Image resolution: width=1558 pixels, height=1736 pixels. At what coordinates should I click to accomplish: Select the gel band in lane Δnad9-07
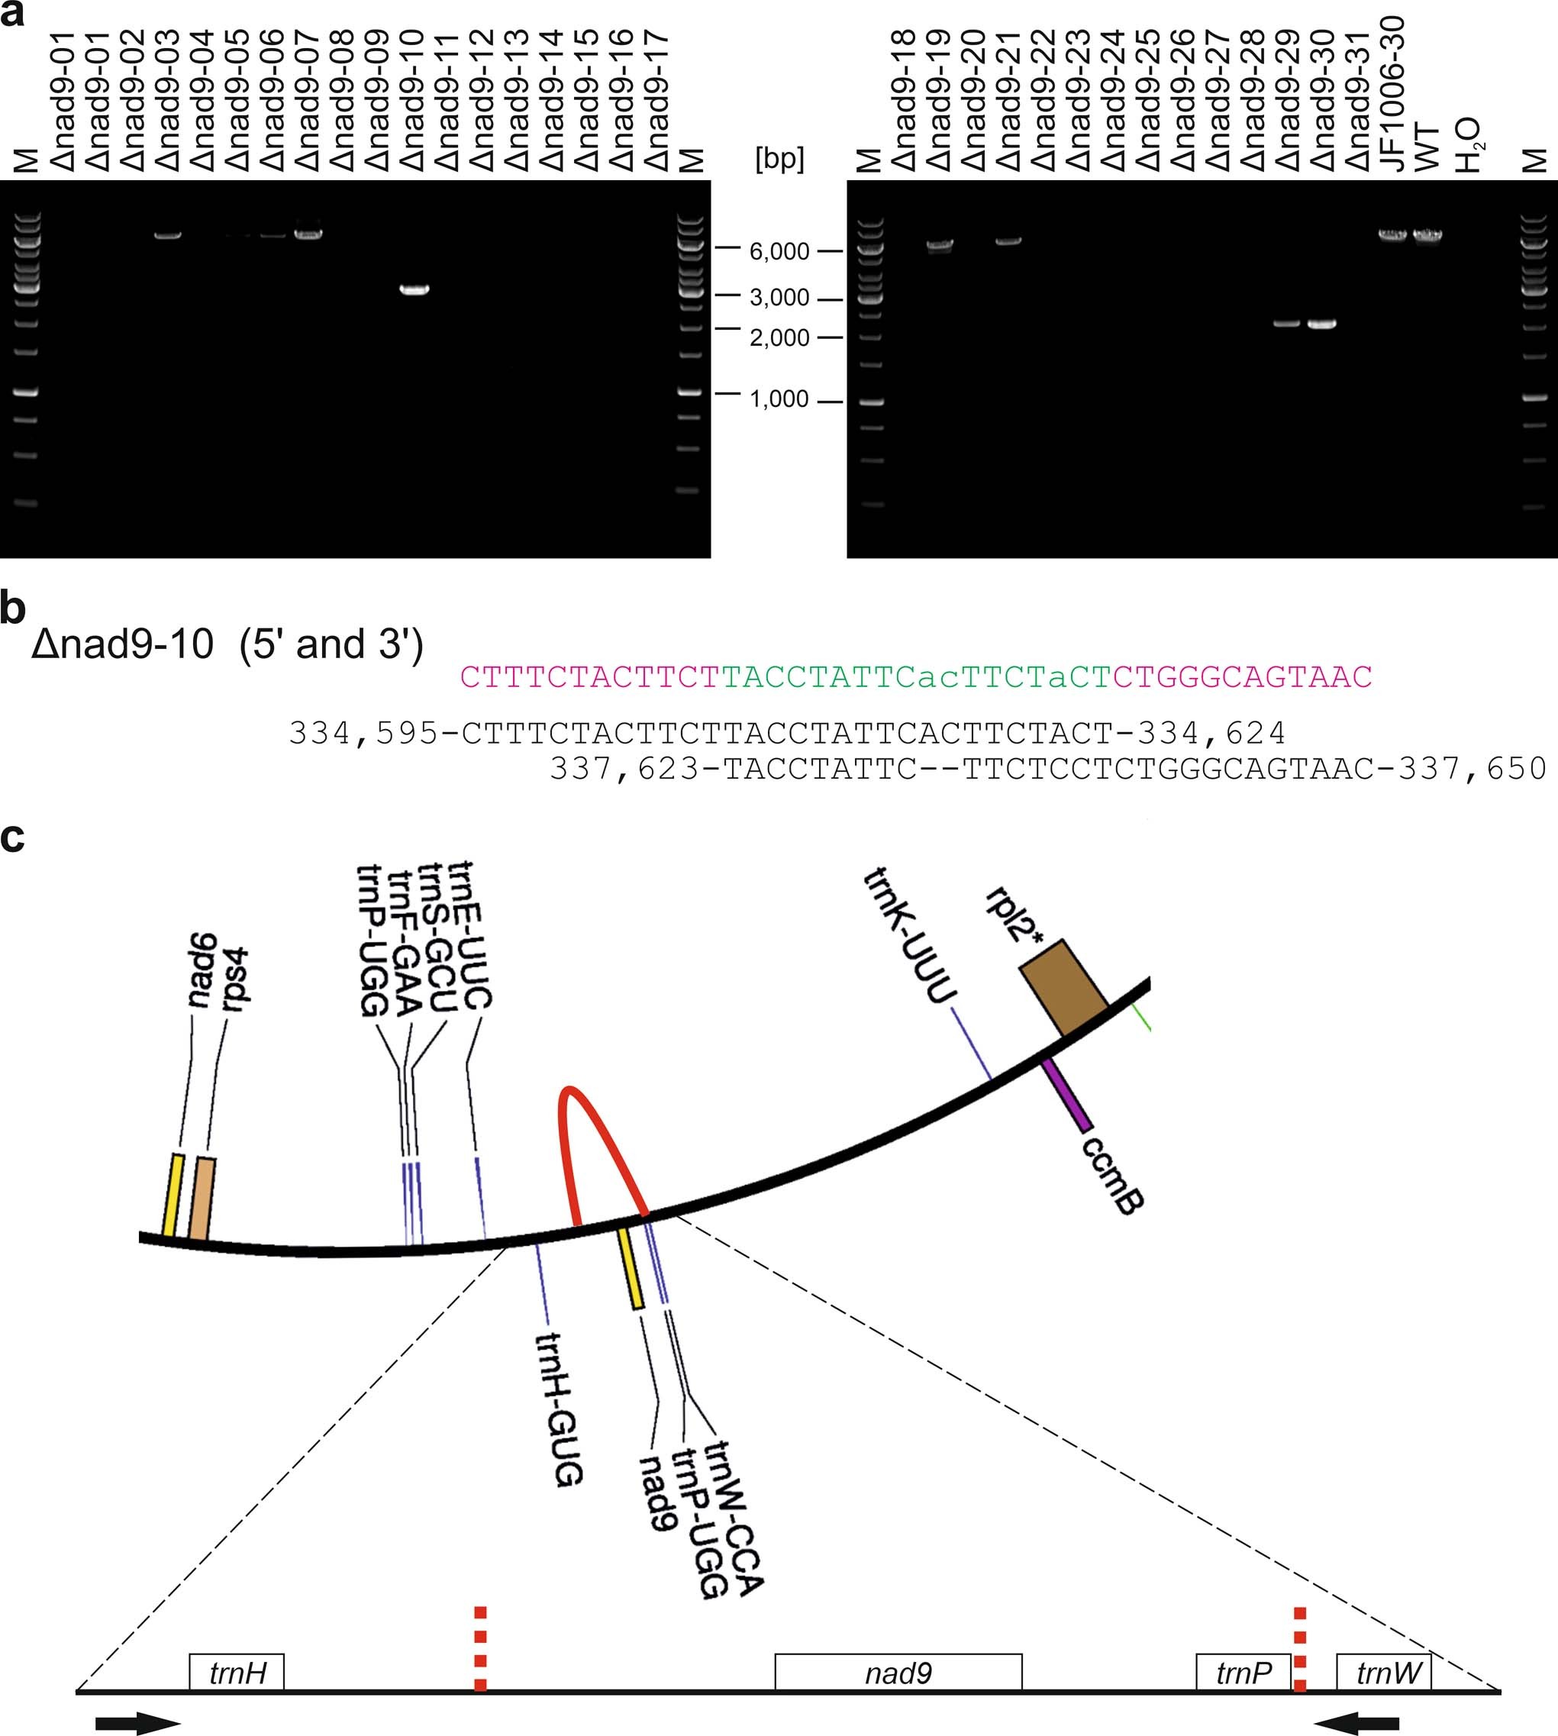308,233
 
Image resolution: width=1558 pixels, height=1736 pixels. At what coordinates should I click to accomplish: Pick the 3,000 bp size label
779,298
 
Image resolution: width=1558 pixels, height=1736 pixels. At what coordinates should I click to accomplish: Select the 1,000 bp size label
779,399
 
